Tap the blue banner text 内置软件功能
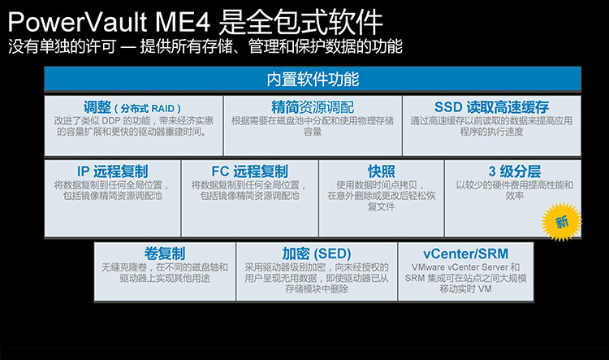(313, 80)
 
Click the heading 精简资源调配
(313, 107)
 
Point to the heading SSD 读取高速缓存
(491, 107)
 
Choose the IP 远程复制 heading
(113, 171)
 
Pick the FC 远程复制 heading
(249, 171)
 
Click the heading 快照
(381, 171)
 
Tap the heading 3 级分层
(514, 171)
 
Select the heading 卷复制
(165, 253)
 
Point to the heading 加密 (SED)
(316, 253)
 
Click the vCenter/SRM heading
(465, 253)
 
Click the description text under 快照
(381, 195)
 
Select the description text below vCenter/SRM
(465, 278)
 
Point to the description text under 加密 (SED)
(316, 278)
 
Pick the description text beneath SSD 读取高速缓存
(491, 126)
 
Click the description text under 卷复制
(165, 272)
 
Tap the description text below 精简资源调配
(313, 126)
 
